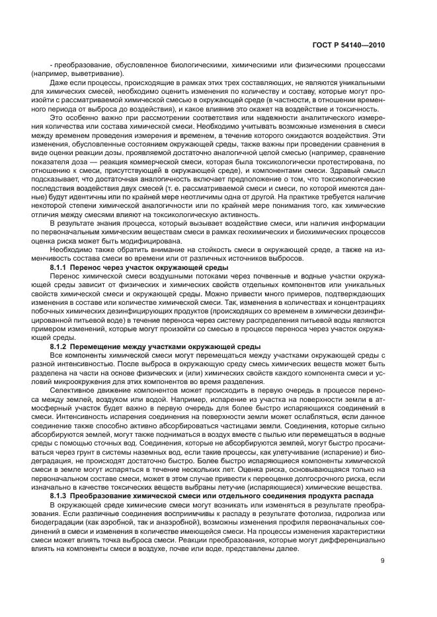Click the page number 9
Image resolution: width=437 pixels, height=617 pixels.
(x=382, y=561)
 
